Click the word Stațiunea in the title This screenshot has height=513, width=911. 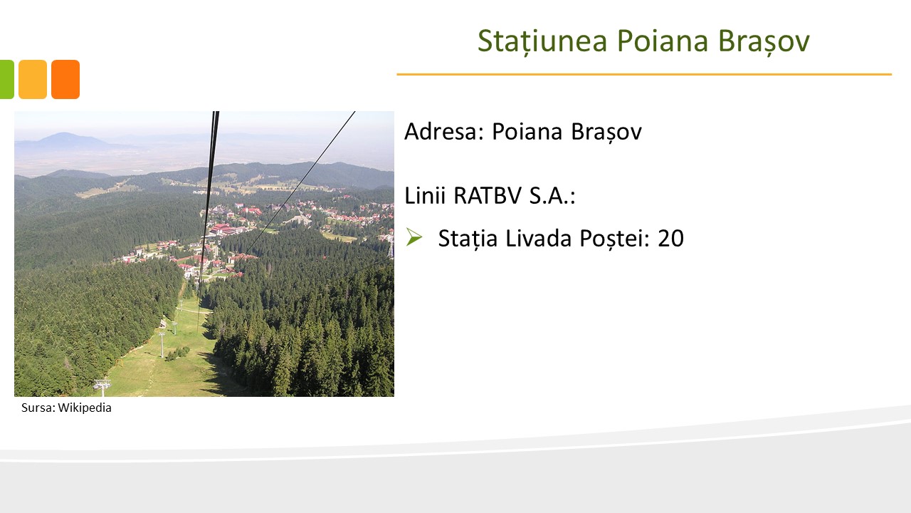point(542,41)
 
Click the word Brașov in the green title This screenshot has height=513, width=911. point(764,41)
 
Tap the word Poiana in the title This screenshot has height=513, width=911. point(663,41)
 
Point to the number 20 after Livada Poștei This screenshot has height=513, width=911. point(670,238)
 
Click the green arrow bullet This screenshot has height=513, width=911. point(414,237)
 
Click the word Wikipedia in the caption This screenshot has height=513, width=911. point(85,408)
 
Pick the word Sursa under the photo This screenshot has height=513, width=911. point(38,408)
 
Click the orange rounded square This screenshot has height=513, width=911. point(65,79)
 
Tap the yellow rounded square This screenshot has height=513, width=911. point(33,79)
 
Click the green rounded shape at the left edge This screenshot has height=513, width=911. point(7,79)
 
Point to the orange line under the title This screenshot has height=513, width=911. point(644,75)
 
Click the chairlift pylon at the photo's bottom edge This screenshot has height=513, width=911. point(102,388)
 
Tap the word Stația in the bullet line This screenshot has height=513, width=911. point(468,239)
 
